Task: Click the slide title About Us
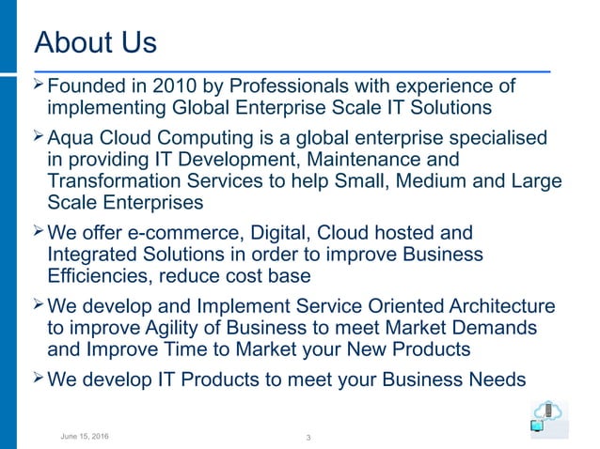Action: coord(95,43)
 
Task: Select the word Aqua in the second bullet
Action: coord(71,138)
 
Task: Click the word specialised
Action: coord(493,138)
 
